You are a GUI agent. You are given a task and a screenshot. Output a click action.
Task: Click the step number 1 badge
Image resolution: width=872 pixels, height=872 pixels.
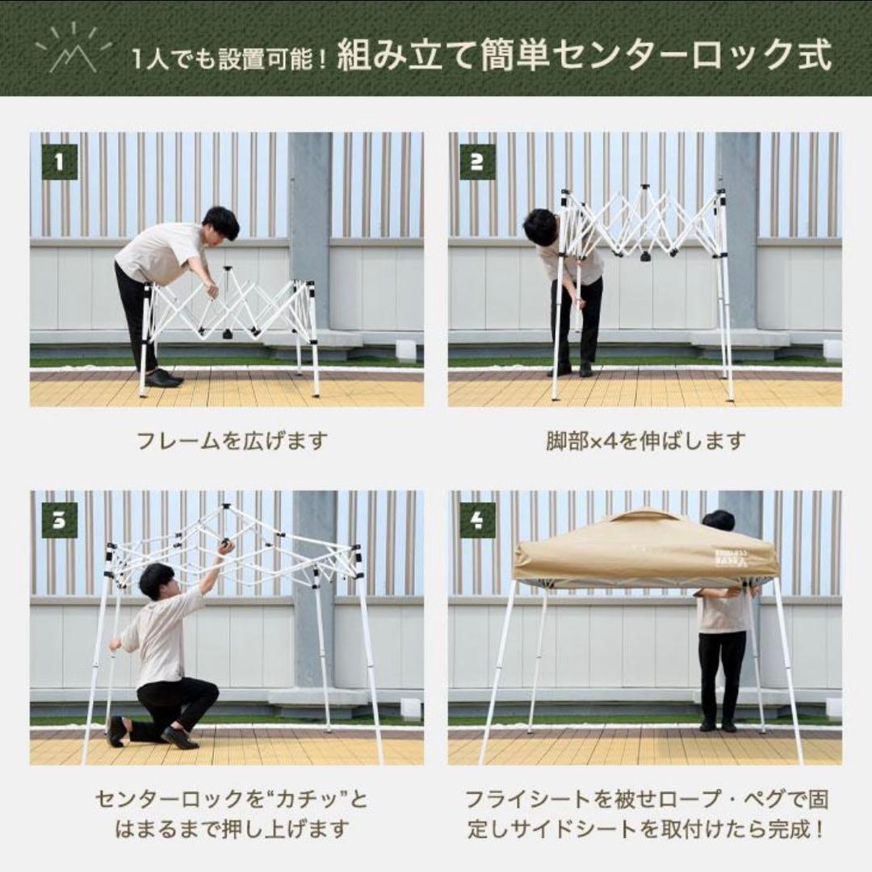60,162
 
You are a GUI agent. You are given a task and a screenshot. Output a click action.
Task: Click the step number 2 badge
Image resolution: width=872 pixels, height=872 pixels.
477,162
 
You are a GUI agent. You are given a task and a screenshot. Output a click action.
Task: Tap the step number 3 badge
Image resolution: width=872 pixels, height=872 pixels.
60,520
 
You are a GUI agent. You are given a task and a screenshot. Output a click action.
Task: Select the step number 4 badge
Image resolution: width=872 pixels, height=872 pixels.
477,520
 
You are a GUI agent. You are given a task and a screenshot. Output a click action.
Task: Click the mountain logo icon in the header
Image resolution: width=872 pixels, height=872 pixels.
73,51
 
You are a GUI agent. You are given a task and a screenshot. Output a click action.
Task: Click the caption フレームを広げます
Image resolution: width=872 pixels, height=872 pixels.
232,441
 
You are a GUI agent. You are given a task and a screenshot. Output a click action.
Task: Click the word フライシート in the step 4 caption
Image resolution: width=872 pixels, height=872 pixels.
518,799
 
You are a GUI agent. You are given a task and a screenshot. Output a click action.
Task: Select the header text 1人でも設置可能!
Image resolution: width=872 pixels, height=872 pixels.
228,59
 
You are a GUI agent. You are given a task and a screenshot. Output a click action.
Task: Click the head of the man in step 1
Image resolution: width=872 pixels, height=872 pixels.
220,222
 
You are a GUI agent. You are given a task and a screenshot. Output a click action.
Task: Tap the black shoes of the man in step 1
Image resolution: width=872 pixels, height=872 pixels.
164,378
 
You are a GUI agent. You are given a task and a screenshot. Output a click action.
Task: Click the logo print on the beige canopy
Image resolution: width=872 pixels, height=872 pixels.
732,557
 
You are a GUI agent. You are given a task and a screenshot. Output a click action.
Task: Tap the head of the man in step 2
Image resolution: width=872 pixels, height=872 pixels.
539,226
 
